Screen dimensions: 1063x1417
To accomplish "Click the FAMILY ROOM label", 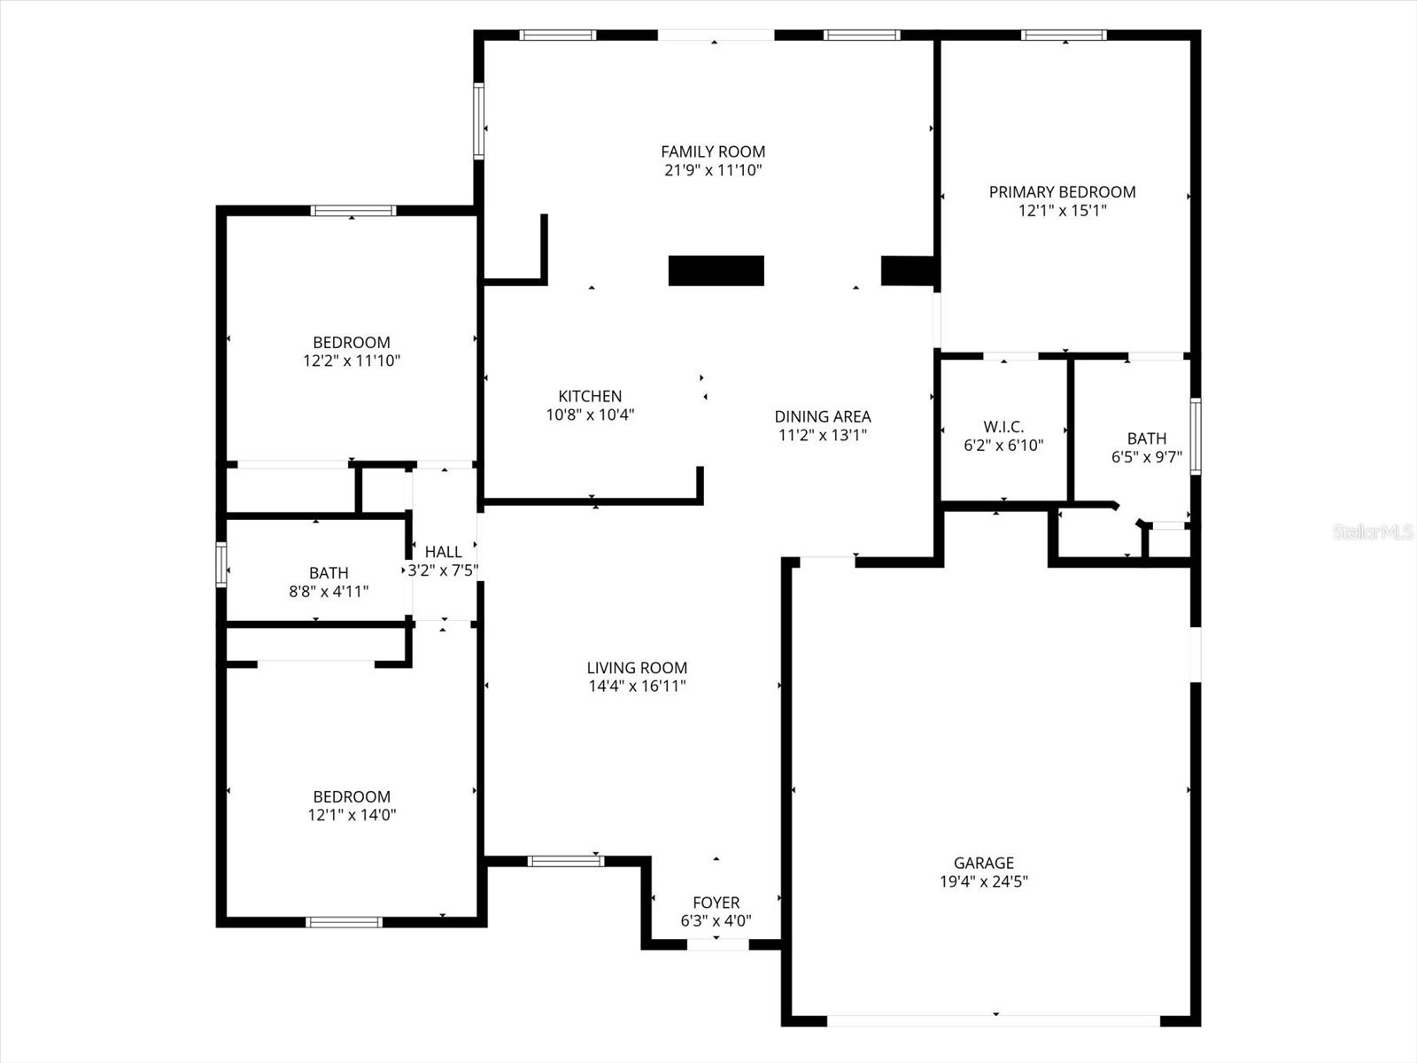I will click(713, 151).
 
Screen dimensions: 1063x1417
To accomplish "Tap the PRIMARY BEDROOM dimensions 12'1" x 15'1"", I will click(1062, 211).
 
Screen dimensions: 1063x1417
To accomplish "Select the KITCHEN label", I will click(590, 396).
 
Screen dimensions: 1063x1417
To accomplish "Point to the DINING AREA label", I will click(822, 416).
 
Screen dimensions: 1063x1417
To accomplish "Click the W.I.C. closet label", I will click(1003, 427).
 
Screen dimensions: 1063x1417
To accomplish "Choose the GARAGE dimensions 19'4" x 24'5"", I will click(983, 881).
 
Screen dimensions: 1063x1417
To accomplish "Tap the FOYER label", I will click(716, 903).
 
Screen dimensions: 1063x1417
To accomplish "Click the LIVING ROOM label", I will click(637, 668).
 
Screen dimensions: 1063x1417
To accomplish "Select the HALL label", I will click(443, 552).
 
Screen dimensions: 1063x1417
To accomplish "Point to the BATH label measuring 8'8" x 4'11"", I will click(329, 573).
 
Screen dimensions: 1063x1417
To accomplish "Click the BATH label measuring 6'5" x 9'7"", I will click(1146, 438).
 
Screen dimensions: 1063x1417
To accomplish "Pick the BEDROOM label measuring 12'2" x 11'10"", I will click(352, 342).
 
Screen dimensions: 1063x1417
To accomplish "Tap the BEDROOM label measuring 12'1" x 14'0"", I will click(352, 796).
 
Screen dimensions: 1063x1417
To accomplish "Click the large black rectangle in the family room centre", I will click(716, 270).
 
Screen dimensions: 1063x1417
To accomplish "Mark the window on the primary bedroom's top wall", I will click(1063, 35).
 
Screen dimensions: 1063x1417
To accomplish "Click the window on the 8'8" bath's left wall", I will click(221, 564).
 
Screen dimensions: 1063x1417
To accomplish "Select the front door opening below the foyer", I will click(718, 944).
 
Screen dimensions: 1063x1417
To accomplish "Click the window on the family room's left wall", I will click(479, 120).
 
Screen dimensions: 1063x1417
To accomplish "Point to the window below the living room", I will click(566, 860).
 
